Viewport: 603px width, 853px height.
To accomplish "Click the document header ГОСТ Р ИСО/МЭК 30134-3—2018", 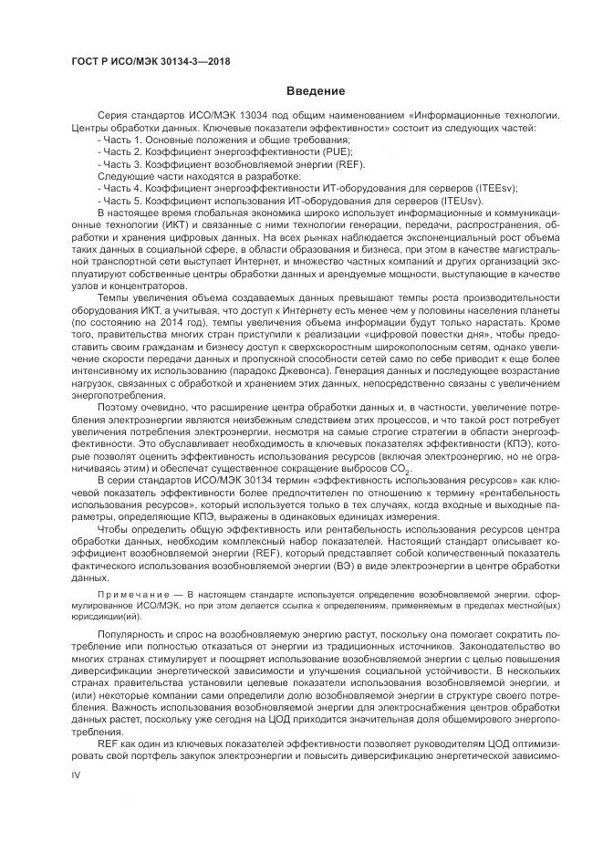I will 151,61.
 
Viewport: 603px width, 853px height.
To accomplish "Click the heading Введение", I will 316,91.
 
